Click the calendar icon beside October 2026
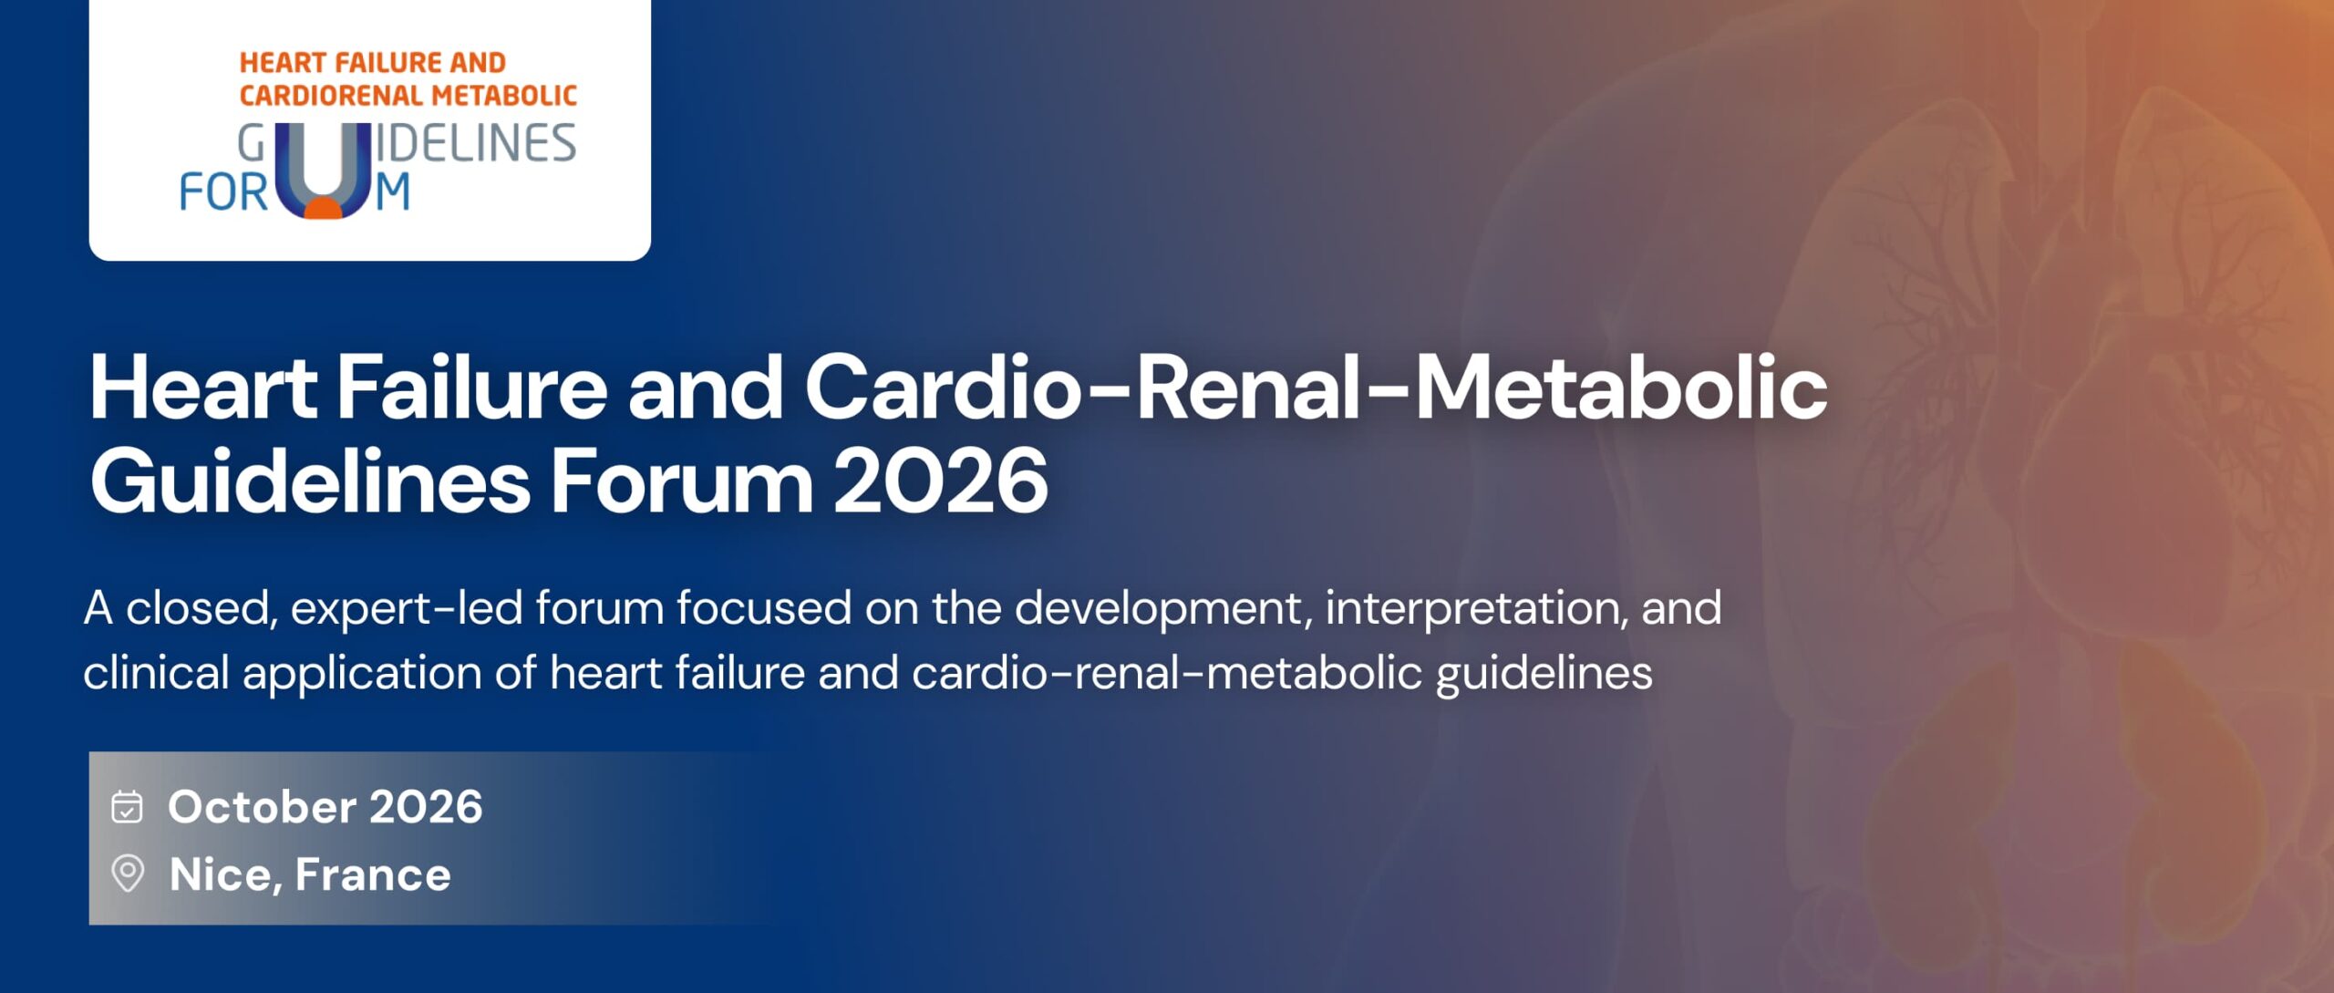pyautogui.click(x=127, y=807)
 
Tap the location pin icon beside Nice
pyautogui.click(x=128, y=874)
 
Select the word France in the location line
pyautogui.click(x=373, y=874)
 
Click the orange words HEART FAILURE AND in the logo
pyautogui.click(x=372, y=62)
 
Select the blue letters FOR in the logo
pyautogui.click(x=223, y=192)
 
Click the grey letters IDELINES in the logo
pyautogui.click(x=476, y=144)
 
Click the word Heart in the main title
pyautogui.click(x=202, y=388)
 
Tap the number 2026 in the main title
pyautogui.click(x=940, y=481)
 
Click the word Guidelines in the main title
pyautogui.click(x=309, y=481)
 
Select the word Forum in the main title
pyautogui.click(x=681, y=481)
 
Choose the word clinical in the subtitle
pyautogui.click(x=156, y=673)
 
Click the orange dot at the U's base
pyautogui.click(x=322, y=208)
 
